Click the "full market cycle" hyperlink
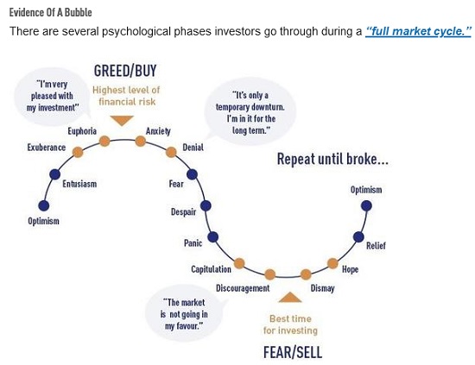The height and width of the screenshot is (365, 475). click(418, 31)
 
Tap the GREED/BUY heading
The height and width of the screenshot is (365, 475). click(125, 71)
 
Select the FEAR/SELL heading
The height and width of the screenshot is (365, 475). click(293, 352)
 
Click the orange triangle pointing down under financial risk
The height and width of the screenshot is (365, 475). click(122, 121)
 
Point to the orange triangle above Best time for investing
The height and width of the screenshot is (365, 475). click(290, 297)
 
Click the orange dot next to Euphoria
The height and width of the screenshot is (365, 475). click(104, 141)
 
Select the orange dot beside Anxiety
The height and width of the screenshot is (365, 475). click(140, 141)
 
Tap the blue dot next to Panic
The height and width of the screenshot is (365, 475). click(213, 237)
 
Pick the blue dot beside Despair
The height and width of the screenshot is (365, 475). click(206, 206)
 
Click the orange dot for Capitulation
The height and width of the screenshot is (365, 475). click(239, 263)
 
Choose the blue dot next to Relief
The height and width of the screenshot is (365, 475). click(358, 237)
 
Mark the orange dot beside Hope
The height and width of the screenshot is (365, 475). click(332, 263)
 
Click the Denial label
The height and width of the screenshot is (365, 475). click(193, 148)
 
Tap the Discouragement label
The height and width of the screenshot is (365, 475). click(243, 288)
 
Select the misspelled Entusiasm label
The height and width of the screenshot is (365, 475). click(79, 184)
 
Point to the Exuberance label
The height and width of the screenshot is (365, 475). click(47, 148)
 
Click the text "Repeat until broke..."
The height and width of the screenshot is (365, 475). click(332, 159)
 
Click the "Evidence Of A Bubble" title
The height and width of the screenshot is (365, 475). click(51, 12)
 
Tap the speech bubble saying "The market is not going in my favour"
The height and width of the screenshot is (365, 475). click(185, 314)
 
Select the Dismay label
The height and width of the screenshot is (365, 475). click(323, 288)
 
